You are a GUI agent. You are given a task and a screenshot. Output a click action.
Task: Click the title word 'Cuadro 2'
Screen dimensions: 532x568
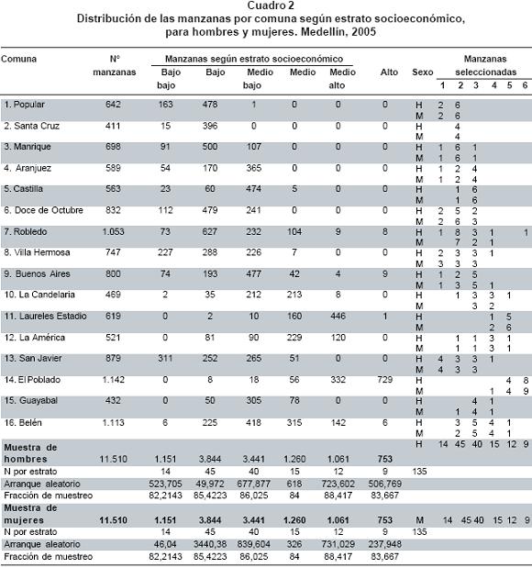pos(271,6)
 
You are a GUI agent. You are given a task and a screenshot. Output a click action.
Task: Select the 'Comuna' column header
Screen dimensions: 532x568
pos(19,59)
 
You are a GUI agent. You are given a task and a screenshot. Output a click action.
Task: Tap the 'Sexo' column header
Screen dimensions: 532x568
pos(422,72)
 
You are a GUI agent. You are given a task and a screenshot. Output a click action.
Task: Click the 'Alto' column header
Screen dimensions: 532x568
pos(389,72)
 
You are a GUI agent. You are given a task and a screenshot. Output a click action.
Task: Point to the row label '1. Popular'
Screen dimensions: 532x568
pos(24,105)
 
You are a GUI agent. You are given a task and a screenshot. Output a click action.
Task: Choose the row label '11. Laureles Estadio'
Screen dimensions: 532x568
pos(45,317)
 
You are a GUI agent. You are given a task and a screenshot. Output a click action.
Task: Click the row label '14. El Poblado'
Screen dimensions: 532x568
pos(32,380)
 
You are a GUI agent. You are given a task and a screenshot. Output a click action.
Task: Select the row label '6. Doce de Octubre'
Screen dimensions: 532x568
pos(43,210)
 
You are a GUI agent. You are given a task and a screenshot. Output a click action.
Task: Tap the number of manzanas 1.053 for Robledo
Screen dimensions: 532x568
pos(114,232)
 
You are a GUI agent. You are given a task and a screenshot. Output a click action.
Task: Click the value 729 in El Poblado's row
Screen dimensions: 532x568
pos(384,380)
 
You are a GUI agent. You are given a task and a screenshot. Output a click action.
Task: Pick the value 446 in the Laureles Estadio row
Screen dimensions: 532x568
pos(338,317)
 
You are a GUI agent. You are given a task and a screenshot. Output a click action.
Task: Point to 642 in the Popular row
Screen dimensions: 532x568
pos(113,105)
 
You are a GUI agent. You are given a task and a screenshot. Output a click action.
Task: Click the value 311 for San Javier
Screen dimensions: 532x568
pos(165,358)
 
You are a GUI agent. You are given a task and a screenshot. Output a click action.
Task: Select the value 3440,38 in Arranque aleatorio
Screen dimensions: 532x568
pos(210,544)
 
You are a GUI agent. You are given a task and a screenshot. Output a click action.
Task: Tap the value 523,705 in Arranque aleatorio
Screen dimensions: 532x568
pos(165,484)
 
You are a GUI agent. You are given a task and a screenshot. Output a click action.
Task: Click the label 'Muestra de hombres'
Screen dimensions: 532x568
pos(30,453)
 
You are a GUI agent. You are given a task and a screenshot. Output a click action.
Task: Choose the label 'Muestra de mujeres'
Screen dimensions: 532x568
pos(30,514)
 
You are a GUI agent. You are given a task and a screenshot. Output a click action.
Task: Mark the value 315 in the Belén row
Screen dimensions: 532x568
pos(294,423)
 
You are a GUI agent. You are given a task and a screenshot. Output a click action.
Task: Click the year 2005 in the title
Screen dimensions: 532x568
pos(363,32)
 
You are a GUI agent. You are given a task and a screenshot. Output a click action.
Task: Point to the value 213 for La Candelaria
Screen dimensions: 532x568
pos(294,295)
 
